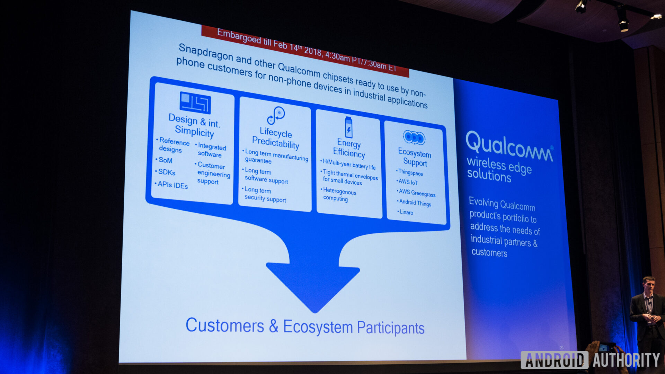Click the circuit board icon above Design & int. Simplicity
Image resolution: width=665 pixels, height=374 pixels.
(195, 103)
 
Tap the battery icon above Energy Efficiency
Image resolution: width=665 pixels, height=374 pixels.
(348, 127)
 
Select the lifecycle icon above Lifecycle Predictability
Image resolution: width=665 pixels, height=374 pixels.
(276, 115)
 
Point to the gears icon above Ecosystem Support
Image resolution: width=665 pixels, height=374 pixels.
(414, 137)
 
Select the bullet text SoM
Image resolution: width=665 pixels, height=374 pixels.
(165, 160)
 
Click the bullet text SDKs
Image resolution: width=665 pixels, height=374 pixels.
(167, 172)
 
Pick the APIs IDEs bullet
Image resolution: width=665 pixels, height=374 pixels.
(172, 185)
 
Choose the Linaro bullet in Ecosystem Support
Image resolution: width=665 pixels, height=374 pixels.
(406, 212)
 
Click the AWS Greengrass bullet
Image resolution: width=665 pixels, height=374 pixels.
(417, 193)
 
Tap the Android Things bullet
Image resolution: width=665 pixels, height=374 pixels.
(415, 203)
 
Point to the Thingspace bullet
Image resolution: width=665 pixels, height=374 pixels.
(410, 172)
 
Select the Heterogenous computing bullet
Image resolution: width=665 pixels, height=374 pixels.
(339, 195)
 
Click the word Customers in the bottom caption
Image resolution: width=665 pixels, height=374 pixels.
(225, 326)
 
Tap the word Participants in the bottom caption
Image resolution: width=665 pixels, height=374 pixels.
(390, 328)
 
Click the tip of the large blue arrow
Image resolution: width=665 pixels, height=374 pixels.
(314, 310)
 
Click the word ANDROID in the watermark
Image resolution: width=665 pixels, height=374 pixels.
(554, 360)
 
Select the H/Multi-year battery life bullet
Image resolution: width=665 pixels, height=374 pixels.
(349, 164)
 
